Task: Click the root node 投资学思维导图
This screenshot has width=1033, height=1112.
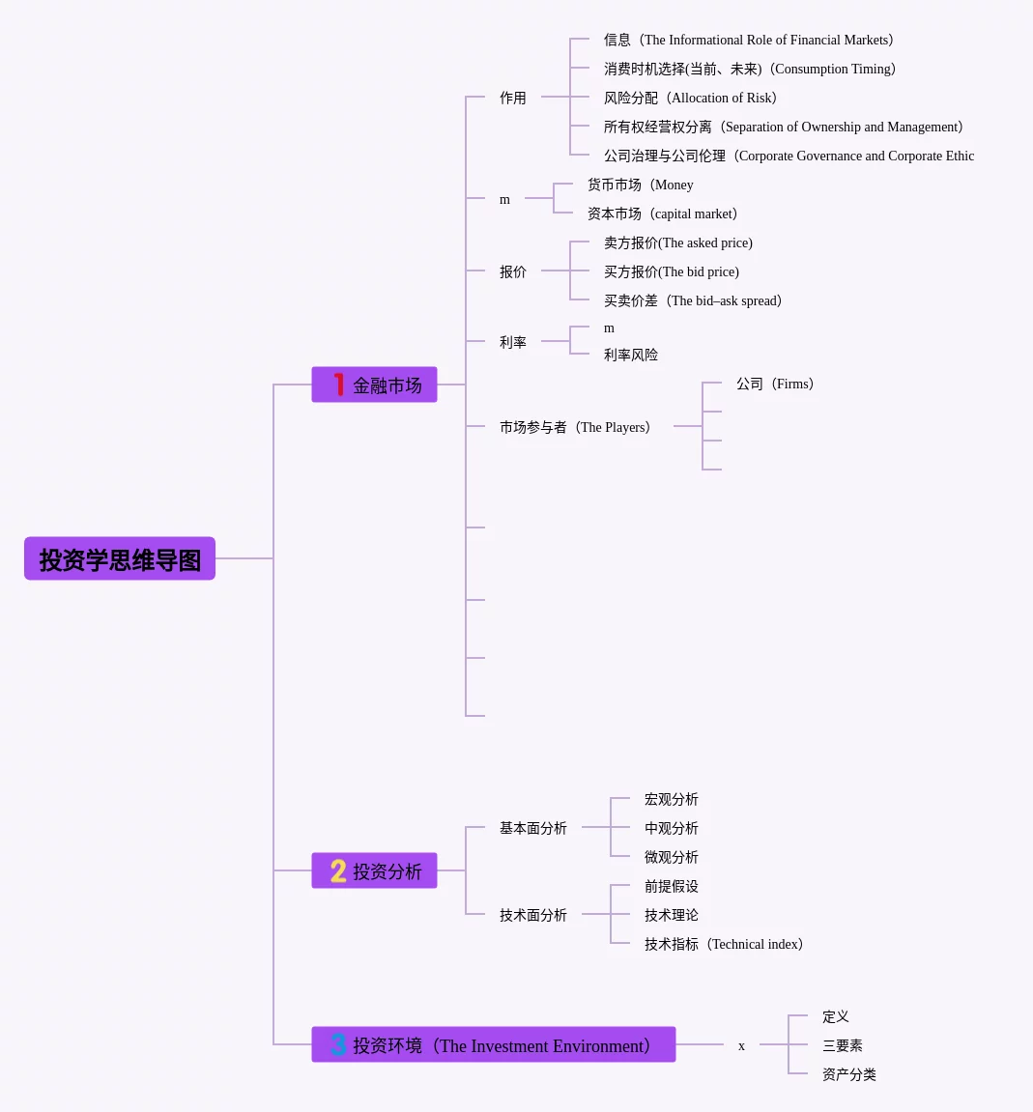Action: [120, 559]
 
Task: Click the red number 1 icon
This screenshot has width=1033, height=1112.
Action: [339, 385]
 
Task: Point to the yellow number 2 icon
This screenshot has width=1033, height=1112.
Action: [338, 870]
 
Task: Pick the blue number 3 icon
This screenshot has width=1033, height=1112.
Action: [338, 1044]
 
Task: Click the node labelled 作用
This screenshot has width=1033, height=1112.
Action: [513, 98]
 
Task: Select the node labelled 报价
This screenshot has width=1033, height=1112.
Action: [513, 271]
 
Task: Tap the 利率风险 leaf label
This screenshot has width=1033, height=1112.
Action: [631, 355]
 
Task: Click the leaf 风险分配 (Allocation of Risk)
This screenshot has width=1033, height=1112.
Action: [690, 98]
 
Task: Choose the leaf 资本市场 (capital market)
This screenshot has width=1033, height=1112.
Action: [662, 214]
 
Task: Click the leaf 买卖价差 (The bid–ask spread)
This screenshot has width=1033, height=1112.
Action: [692, 300]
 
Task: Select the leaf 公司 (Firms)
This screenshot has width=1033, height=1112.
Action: [774, 384]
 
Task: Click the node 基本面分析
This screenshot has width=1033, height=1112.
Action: [533, 828]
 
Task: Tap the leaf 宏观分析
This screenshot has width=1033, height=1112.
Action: [672, 799]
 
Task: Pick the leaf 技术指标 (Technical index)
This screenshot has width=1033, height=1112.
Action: [723, 944]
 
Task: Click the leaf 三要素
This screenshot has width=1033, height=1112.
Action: [843, 1045]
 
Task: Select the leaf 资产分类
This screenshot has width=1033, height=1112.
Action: [849, 1074]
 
